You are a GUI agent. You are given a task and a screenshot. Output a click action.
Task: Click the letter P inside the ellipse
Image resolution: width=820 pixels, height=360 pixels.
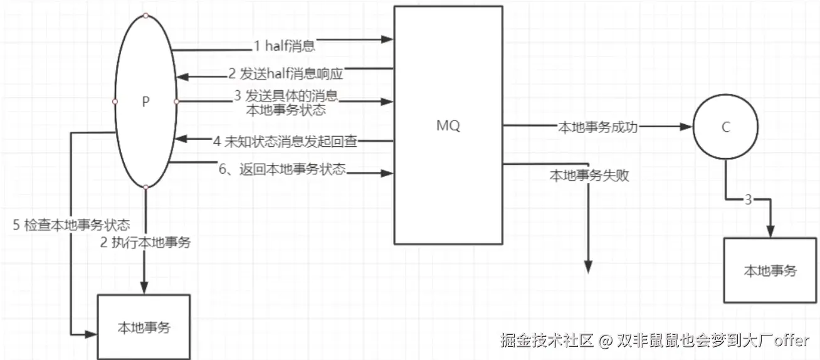[x=145, y=102]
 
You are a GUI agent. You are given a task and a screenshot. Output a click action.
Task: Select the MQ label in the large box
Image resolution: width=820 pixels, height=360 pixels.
[x=448, y=125]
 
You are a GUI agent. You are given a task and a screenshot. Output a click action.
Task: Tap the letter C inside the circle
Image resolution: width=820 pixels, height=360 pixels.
[x=726, y=127]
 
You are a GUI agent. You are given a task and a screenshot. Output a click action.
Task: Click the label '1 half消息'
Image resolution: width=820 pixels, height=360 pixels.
[x=284, y=45]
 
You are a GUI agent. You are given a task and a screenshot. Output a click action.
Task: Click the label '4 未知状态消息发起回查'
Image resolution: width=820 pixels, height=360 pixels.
[x=285, y=141]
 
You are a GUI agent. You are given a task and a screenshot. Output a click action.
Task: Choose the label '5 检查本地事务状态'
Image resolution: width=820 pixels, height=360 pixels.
[x=71, y=225]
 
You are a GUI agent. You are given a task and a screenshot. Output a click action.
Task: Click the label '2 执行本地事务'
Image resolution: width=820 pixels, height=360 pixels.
[x=145, y=241]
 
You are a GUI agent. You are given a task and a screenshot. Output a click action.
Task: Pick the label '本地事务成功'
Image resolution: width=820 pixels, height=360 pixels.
[x=597, y=127]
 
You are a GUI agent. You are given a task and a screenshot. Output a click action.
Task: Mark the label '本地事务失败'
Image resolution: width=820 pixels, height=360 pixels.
[x=589, y=176]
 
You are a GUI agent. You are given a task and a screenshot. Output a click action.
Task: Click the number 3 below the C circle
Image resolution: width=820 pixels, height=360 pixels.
[x=748, y=200]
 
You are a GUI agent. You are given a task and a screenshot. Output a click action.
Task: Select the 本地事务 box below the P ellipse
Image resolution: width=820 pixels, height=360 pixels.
[x=144, y=327]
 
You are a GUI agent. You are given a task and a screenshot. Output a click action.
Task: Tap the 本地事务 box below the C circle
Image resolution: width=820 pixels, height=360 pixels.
[x=770, y=270]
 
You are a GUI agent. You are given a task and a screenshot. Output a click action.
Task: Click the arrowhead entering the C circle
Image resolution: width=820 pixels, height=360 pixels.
[x=687, y=127]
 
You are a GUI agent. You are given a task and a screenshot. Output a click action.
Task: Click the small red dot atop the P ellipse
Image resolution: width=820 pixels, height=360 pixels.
[x=145, y=15]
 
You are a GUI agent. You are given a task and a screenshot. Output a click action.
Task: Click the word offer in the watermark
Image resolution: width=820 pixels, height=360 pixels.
[x=792, y=341]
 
